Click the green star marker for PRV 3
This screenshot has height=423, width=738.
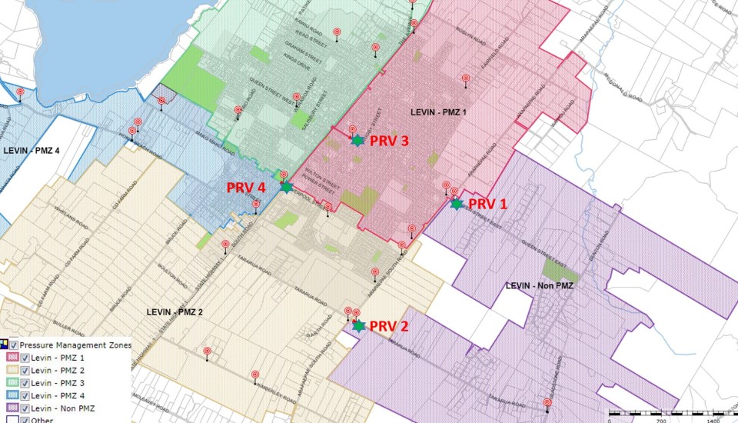[x=357, y=140]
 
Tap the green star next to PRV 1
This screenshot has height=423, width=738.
[x=457, y=204]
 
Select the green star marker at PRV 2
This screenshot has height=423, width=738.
[x=358, y=325]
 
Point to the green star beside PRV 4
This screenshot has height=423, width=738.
[x=286, y=187]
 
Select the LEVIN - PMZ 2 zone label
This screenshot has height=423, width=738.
[x=175, y=311]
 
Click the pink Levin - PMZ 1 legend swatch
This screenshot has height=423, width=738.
[x=13, y=358]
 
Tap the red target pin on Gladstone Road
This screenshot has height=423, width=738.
[x=547, y=402]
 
